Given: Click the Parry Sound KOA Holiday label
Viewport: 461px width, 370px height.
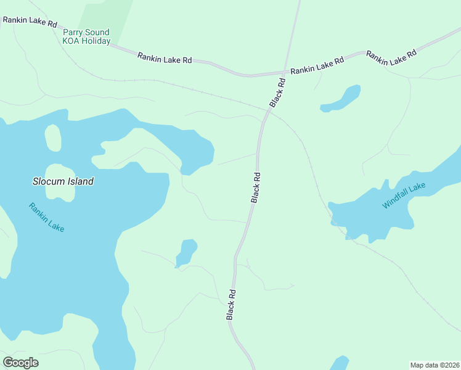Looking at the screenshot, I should (86, 36).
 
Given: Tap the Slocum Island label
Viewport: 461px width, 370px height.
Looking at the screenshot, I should (63, 181).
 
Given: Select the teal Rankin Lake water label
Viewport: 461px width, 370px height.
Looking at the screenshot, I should (46, 217).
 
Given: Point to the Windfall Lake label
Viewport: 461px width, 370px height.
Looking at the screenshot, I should (404, 195).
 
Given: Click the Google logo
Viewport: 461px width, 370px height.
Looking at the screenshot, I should (20, 362).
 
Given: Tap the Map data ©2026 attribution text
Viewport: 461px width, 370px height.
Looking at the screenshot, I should (435, 365).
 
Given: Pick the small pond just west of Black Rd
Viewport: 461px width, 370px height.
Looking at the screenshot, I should (186, 252).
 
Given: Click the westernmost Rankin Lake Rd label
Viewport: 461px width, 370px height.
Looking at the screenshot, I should (30, 22).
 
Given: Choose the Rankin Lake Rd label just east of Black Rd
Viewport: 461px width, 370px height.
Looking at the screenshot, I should (317, 67).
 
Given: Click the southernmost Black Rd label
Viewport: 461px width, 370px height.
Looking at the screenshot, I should (230, 305).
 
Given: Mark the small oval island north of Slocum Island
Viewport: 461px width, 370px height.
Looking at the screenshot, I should (53, 138).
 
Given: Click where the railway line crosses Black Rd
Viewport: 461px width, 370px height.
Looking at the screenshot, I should (267, 111).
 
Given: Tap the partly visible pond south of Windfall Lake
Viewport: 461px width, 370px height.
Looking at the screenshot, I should (340, 363).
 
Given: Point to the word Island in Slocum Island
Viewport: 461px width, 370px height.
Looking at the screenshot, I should (81, 181).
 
